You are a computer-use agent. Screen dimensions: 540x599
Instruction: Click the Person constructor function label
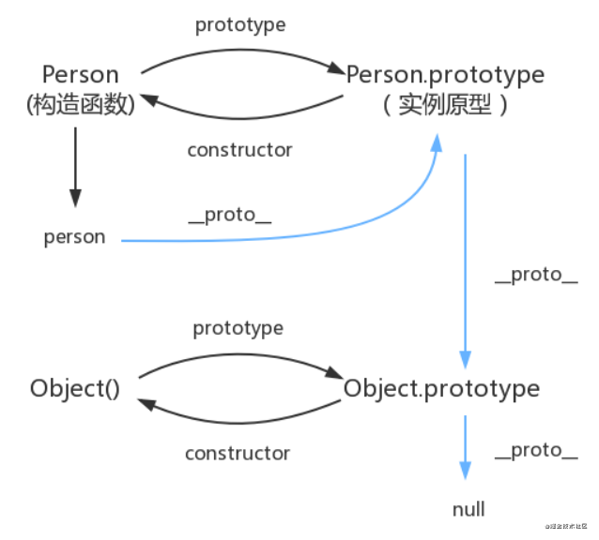82,74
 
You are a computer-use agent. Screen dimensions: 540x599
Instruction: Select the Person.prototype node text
445,73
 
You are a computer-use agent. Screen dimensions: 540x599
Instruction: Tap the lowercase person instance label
74,237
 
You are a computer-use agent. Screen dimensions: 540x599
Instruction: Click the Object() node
74,387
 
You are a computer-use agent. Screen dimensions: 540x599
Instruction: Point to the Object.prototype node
441,387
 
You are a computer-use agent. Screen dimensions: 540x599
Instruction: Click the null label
468,509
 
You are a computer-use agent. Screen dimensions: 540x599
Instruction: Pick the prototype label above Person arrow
238,24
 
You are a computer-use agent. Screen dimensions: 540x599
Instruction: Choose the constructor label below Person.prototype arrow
239,150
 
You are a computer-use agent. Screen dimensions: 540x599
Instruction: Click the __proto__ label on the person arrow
230,215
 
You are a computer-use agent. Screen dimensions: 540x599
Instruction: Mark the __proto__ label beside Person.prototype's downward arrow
535,276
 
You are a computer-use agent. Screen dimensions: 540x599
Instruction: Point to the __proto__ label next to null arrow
535,451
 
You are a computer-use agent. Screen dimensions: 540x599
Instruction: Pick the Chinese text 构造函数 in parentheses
81,103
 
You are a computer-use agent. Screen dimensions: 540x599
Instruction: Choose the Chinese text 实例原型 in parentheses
445,104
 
